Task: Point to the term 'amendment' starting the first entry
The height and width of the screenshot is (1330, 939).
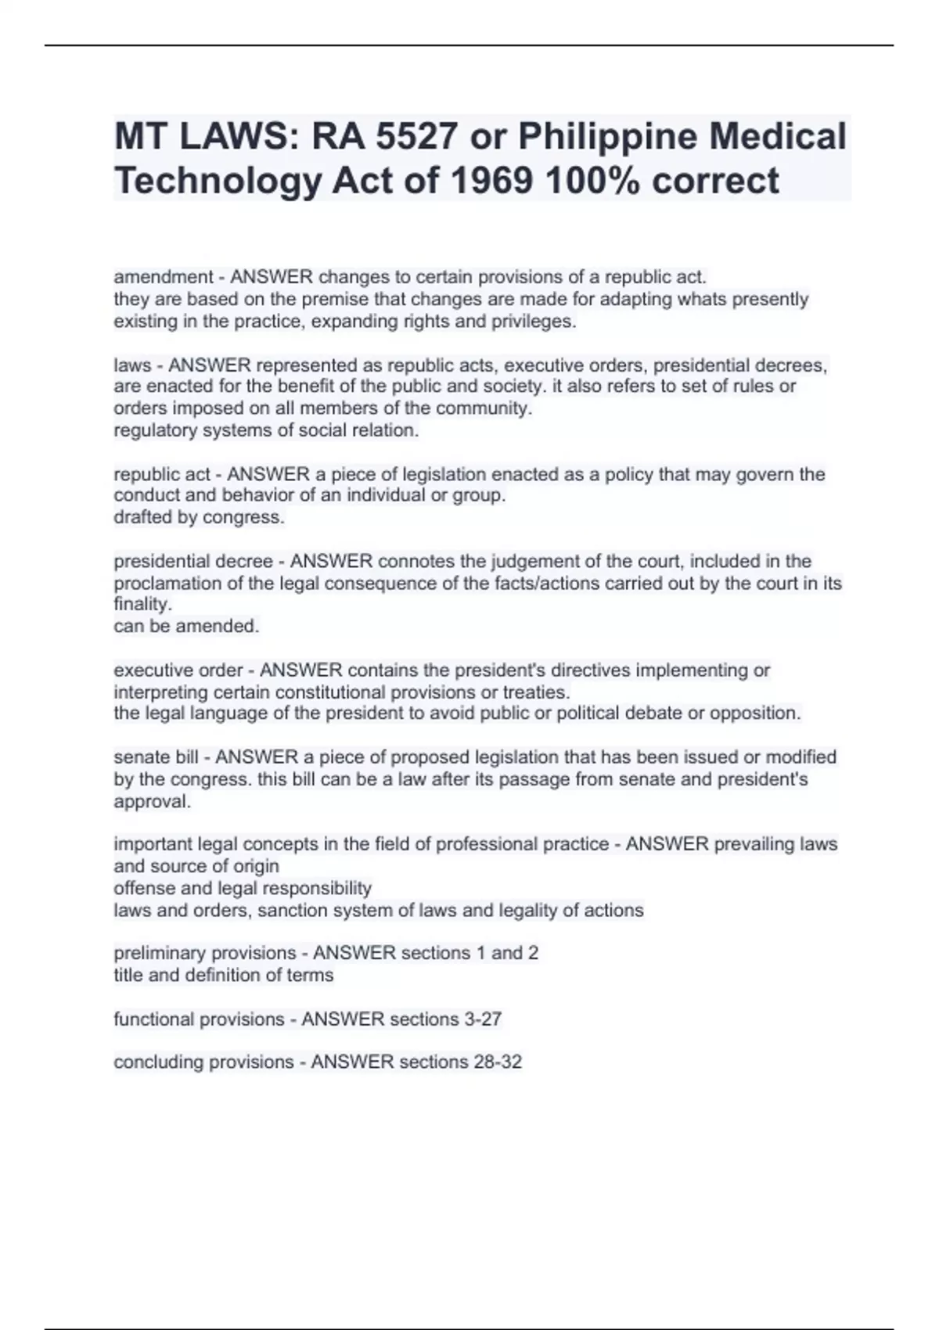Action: [163, 277]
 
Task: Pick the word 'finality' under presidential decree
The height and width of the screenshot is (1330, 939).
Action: [142, 604]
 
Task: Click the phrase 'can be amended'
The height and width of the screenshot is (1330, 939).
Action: [185, 626]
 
